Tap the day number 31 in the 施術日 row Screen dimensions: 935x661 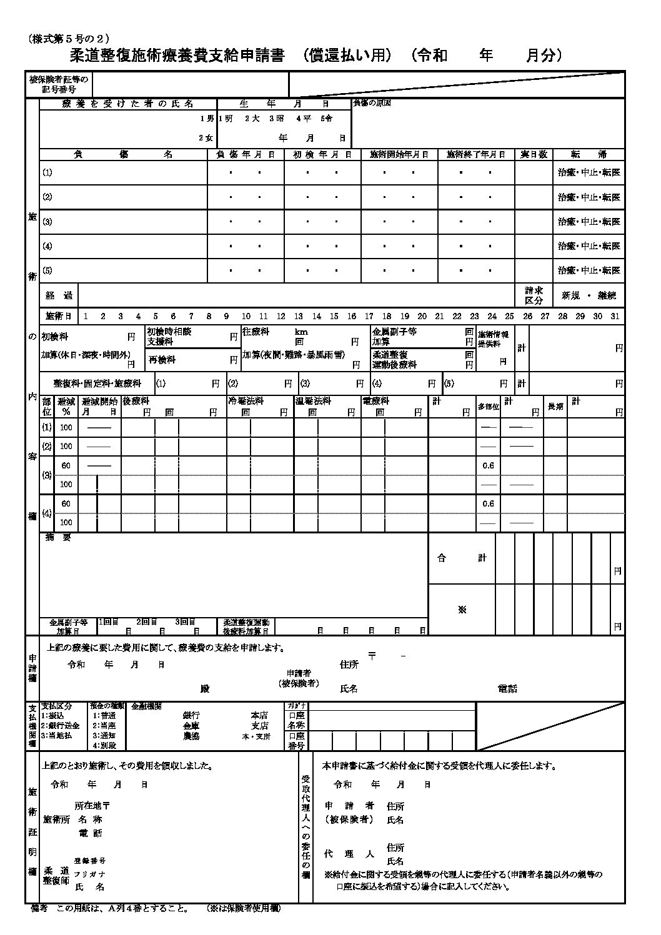coord(616,316)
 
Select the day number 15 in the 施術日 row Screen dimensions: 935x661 coord(334,316)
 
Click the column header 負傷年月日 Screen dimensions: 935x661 coord(246,154)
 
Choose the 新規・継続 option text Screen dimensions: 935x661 coord(589,295)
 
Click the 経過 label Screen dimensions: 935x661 coord(59,295)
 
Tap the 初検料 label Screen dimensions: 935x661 coord(54,336)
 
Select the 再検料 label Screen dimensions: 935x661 coord(162,360)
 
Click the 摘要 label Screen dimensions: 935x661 coord(58,538)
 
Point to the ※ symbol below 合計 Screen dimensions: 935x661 coord(462,609)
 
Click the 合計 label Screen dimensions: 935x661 coord(461,558)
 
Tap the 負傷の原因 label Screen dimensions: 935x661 coord(372,103)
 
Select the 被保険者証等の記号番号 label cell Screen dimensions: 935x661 coord(59,84)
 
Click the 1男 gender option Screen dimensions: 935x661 coord(207,118)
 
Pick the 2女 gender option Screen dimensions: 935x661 coord(207,137)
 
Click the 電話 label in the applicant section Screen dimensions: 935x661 coord(507,689)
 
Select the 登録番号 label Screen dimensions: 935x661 coord(90,861)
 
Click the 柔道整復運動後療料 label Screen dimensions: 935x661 coord(394,360)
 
